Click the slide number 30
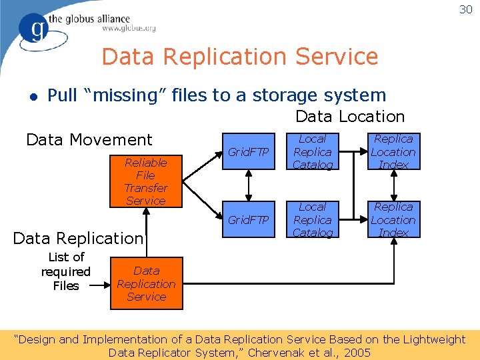pos(465,9)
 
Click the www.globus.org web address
pos(129,28)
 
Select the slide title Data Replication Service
pos(240,57)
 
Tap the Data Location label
pos(350,117)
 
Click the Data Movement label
pos(89,140)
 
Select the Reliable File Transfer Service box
pos(145,181)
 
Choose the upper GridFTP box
pos(248,152)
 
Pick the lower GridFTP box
pos(248,220)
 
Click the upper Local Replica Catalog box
pos(312,152)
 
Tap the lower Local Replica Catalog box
pos(312,220)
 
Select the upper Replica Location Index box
pos(393,152)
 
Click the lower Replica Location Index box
pos(393,220)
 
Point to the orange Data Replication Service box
pos(146,284)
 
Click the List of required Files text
pos(66,271)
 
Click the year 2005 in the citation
pos(357,353)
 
